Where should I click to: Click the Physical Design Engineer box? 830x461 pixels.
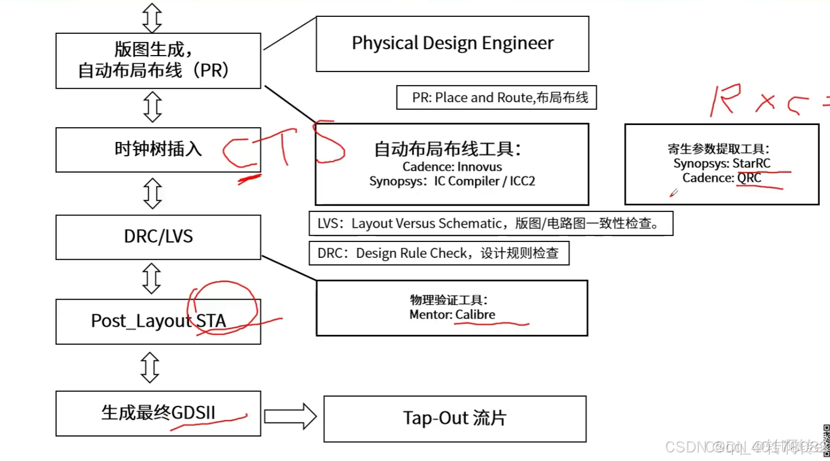452,44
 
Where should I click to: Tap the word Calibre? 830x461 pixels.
475,314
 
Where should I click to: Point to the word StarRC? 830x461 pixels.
751,163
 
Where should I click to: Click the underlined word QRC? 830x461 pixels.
749,178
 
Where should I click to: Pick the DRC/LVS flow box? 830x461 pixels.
158,237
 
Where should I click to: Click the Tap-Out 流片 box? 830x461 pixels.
454,418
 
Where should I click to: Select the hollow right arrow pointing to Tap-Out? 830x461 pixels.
290,416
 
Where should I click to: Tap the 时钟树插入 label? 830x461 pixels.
158,149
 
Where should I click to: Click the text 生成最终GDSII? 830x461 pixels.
158,413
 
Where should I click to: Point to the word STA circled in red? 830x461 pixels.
211,321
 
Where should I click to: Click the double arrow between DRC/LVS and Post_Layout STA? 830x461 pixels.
152,278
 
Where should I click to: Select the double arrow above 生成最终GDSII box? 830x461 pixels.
150,367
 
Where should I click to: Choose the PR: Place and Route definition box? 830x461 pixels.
496,98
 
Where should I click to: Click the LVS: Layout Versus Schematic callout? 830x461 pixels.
490,224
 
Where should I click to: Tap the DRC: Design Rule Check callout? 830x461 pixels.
439,253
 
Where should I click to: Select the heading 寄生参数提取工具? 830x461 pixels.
718,149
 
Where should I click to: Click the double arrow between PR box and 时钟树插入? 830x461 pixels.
152,107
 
